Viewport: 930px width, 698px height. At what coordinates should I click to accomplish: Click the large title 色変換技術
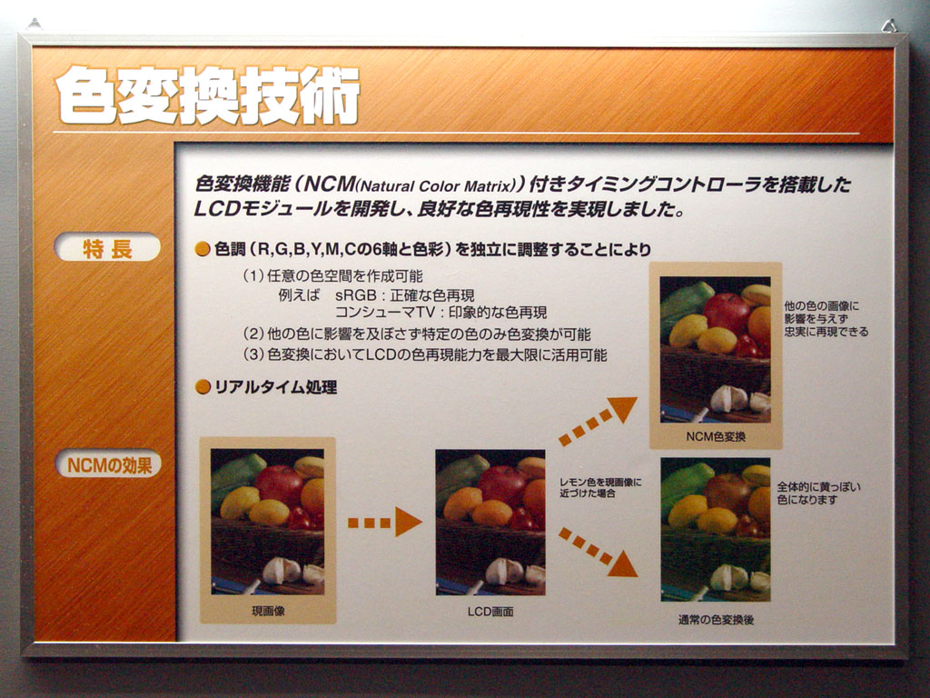[x=208, y=95]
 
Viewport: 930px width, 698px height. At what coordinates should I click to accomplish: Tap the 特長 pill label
[x=107, y=247]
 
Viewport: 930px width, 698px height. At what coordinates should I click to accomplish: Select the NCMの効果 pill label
[x=109, y=464]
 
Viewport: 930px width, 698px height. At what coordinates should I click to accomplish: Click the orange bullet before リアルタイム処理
[x=203, y=387]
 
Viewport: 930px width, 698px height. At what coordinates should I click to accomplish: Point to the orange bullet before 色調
[x=203, y=249]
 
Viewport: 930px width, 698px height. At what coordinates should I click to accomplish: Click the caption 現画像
[x=268, y=611]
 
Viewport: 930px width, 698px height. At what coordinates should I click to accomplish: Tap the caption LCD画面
[x=490, y=612]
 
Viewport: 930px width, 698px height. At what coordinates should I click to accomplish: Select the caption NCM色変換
[x=716, y=436]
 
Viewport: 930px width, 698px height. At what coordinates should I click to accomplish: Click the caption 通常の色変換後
[x=716, y=620]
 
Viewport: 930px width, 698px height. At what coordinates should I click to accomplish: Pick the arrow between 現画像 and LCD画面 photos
[x=384, y=523]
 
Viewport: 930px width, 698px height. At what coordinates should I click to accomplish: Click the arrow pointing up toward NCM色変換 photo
[x=598, y=421]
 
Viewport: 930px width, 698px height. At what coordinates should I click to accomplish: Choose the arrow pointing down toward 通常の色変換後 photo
[x=598, y=552]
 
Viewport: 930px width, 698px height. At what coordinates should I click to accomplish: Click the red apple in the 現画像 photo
[x=280, y=484]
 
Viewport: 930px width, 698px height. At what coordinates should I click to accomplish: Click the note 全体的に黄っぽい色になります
[x=818, y=494]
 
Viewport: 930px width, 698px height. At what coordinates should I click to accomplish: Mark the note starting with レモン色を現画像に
[x=600, y=487]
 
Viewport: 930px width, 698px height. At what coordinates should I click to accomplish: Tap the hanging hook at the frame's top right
[x=889, y=25]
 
